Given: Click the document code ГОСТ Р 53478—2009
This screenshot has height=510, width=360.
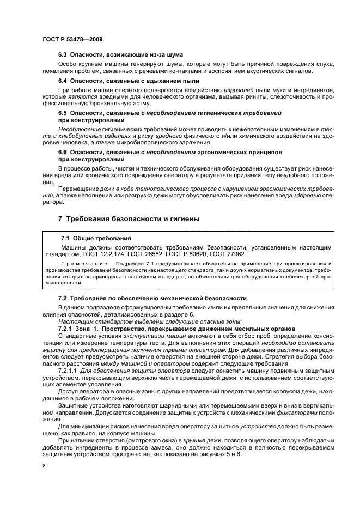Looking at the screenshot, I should tap(72, 40).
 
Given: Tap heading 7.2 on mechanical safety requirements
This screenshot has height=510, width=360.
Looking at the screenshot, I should tap(152, 299).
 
